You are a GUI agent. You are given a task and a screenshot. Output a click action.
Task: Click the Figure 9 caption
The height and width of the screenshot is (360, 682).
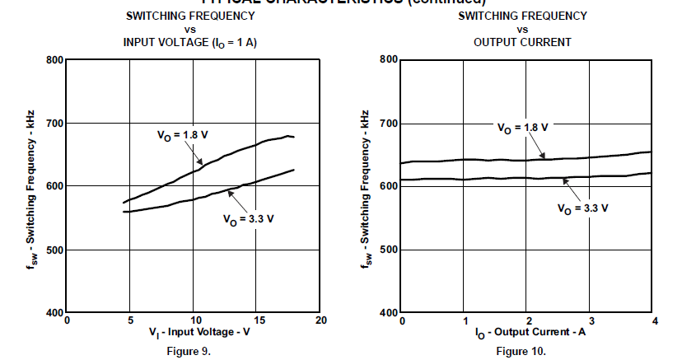coord(194,351)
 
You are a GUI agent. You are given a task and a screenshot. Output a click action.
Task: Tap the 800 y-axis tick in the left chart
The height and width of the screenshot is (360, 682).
coord(54,60)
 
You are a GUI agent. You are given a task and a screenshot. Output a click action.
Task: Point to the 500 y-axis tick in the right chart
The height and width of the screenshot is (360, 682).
coord(388,250)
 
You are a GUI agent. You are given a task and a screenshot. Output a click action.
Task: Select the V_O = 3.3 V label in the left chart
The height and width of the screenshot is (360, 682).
coord(247,219)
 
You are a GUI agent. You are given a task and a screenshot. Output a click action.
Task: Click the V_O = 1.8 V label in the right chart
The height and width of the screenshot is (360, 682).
coord(522,128)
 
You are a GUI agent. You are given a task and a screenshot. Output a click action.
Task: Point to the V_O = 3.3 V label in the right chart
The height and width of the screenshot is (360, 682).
coord(583,208)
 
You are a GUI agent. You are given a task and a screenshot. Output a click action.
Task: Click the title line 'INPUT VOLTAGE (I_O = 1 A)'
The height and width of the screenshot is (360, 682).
coord(190,42)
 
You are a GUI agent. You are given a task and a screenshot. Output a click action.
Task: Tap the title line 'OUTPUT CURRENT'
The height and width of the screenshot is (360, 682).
coord(522,42)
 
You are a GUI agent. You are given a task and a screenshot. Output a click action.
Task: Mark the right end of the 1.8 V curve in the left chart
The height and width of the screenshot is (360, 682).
coord(294,137)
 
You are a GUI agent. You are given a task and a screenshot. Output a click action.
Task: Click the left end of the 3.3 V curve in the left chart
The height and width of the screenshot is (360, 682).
coord(124,212)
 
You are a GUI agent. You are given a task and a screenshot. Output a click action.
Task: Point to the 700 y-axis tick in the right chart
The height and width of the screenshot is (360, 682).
coord(388,124)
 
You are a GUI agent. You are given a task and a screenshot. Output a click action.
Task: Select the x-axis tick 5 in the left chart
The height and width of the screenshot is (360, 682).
coord(130,320)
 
